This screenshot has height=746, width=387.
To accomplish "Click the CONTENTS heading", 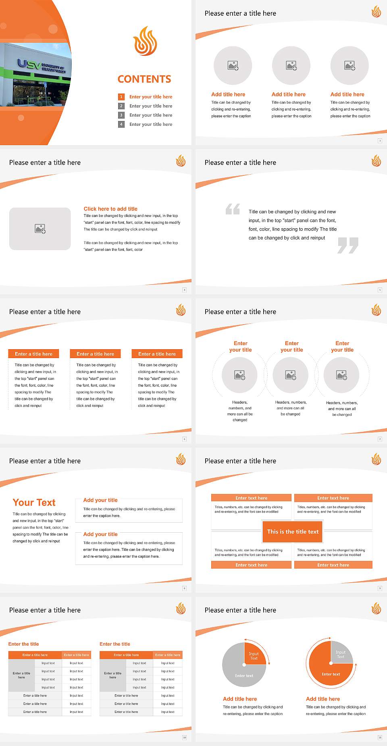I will coord(144,79).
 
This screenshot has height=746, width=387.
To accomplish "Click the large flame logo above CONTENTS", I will coord(145,41).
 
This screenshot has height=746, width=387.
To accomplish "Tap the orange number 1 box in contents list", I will coord(121,97).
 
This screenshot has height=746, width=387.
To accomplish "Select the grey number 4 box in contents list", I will coord(121,124).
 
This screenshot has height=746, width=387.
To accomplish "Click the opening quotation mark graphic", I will coord(233,209).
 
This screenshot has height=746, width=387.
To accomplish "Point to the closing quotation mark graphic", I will coord(348,245).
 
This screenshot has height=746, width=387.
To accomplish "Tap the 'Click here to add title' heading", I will coord(110,209).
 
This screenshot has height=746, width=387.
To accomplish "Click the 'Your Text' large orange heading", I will coord(34,502).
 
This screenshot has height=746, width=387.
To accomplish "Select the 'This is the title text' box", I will coord(293,531).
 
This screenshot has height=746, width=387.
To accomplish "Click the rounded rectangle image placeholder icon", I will coord(40,229).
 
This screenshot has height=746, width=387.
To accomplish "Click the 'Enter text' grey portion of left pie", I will coord(244,676).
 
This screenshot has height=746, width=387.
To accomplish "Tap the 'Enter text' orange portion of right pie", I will coord(331,674).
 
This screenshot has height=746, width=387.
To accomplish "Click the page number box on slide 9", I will coord(380,588).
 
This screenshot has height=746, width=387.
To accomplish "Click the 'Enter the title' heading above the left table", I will coord(24,644).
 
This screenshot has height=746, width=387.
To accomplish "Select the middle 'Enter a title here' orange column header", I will coord(96,354).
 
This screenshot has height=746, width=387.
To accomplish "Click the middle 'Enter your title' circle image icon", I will coord(291,375).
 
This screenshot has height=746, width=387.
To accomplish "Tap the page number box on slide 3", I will coord(380,141).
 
